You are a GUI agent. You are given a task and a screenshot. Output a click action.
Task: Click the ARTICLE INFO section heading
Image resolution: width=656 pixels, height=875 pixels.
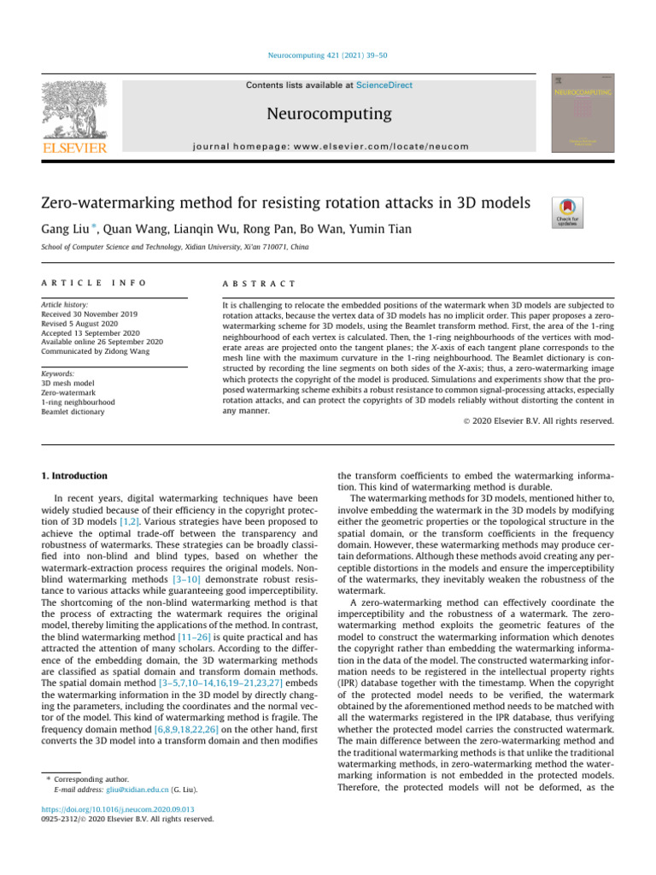pyautogui.click(x=94, y=283)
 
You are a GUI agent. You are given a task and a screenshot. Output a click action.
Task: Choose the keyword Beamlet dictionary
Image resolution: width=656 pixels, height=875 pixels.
pyautogui.click(x=73, y=412)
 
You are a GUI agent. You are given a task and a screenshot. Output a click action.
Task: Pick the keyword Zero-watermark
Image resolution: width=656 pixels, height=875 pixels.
pyautogui.click(x=69, y=393)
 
